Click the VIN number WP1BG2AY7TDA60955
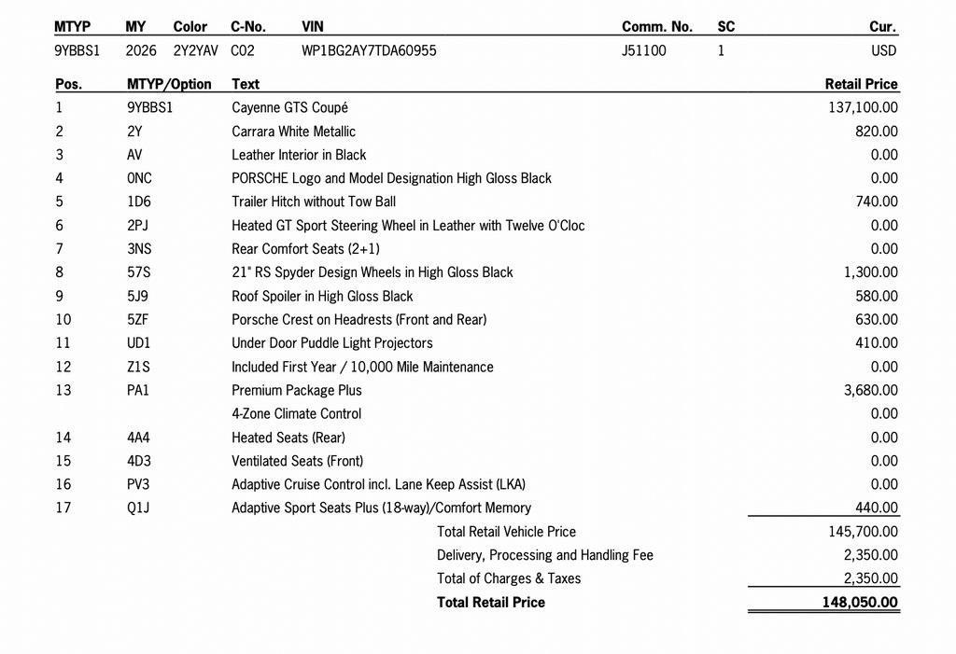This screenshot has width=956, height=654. pyautogui.click(x=369, y=50)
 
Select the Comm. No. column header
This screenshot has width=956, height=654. pyautogui.click(x=657, y=27)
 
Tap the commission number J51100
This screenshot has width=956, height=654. pyautogui.click(x=644, y=50)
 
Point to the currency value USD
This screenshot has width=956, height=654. pyautogui.click(x=883, y=50)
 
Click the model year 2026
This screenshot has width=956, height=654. pyautogui.click(x=141, y=50)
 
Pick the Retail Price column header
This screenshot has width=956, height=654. pyautogui.click(x=861, y=84)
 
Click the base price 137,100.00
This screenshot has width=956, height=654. pyautogui.click(x=863, y=107)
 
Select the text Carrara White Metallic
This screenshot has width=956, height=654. pyautogui.click(x=293, y=132)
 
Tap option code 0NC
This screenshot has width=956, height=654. pyautogui.click(x=139, y=178)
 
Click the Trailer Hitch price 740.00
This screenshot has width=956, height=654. pyautogui.click(x=877, y=202)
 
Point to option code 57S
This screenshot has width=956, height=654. pyautogui.click(x=138, y=272)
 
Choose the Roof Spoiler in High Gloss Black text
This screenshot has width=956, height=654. pyautogui.click(x=322, y=296)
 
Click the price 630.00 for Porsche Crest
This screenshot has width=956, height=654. pyautogui.click(x=877, y=319)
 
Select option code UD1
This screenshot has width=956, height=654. pyautogui.click(x=138, y=343)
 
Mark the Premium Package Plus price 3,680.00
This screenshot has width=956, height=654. pyautogui.click(x=870, y=390)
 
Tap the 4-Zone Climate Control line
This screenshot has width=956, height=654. pyautogui.click(x=296, y=413)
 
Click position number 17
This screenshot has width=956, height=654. pyautogui.click(x=63, y=508)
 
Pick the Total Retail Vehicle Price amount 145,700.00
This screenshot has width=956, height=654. pyautogui.click(x=863, y=532)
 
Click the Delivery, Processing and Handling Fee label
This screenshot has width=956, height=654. pyautogui.click(x=544, y=555)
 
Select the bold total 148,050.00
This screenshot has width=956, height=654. pyautogui.click(x=860, y=603)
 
